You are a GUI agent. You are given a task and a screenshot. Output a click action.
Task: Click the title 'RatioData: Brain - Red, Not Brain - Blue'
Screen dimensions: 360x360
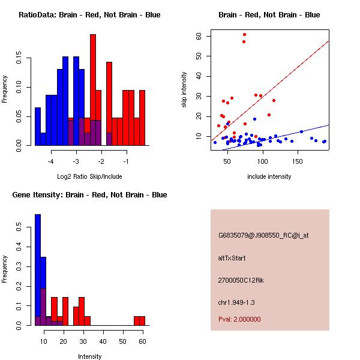point(89,15)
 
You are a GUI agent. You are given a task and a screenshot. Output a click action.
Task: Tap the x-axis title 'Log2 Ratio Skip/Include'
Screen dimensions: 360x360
point(89,176)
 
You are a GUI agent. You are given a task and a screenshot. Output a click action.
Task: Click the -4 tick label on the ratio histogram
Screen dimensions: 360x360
point(51,161)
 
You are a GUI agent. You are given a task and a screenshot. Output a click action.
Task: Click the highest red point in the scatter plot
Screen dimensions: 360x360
point(244,35)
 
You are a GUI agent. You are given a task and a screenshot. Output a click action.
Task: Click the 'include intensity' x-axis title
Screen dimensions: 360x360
point(269,176)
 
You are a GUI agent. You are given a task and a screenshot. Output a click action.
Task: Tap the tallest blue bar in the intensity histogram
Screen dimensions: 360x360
point(37,270)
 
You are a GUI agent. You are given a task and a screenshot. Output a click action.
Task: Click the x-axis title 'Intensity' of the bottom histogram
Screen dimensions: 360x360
point(89,356)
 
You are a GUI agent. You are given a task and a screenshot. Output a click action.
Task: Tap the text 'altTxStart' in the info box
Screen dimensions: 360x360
point(232,258)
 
